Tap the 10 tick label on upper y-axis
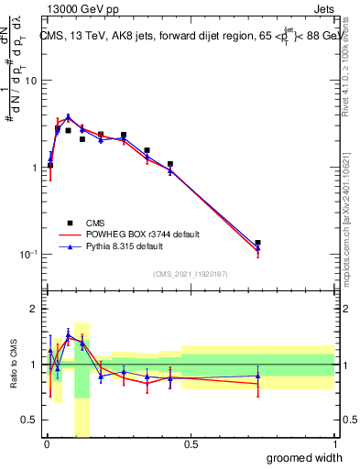pos(30,81)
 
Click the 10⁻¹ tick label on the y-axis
pos(27,255)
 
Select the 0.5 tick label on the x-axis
pos(191,445)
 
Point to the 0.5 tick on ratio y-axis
pos(30,420)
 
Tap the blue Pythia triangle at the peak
pos(69,117)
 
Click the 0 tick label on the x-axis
pos(47,445)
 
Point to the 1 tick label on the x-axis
pos(334,445)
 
